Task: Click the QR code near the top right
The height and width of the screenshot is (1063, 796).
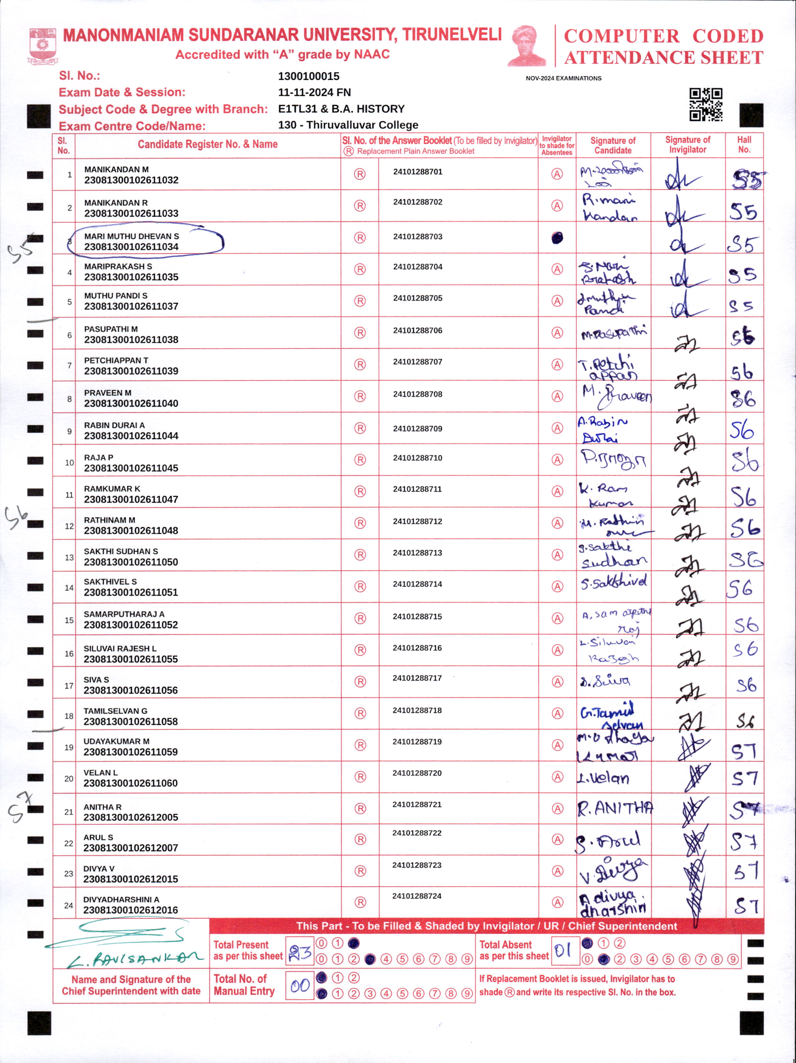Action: [706, 104]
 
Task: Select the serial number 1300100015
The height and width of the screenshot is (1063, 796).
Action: [308, 76]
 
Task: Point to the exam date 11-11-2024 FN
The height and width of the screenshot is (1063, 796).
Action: [314, 92]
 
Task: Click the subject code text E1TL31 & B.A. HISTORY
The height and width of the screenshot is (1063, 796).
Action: [341, 109]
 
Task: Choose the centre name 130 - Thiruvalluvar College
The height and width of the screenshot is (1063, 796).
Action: [348, 125]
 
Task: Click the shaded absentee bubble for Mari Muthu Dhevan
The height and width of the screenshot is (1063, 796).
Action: [557, 237]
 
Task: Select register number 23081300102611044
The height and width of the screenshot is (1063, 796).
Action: [131, 436]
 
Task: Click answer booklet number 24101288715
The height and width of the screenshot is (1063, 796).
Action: [417, 616]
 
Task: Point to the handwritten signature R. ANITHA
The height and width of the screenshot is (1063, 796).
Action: [615, 809]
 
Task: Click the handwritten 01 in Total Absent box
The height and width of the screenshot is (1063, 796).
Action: [563, 950]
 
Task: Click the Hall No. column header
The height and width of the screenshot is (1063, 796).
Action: [744, 145]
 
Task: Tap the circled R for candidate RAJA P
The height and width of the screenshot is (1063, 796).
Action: [360, 460]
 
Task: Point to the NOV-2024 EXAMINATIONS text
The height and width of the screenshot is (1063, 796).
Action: [564, 78]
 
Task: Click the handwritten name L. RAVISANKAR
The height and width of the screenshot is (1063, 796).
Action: [135, 960]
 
